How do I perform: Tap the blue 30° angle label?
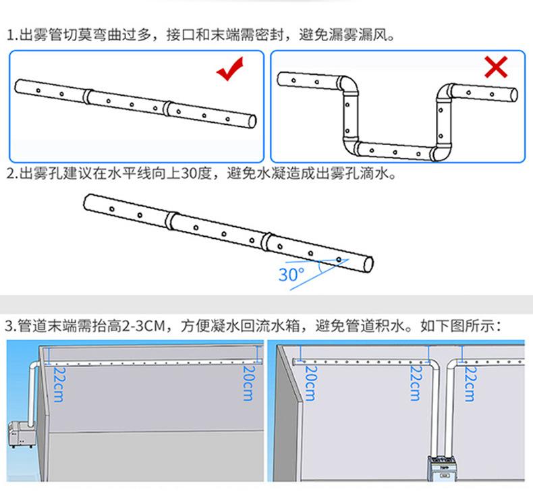click(x=291, y=275)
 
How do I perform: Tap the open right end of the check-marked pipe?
click(x=251, y=121)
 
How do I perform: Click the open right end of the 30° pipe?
click(x=368, y=264)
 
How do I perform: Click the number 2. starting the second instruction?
click(x=11, y=174)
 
